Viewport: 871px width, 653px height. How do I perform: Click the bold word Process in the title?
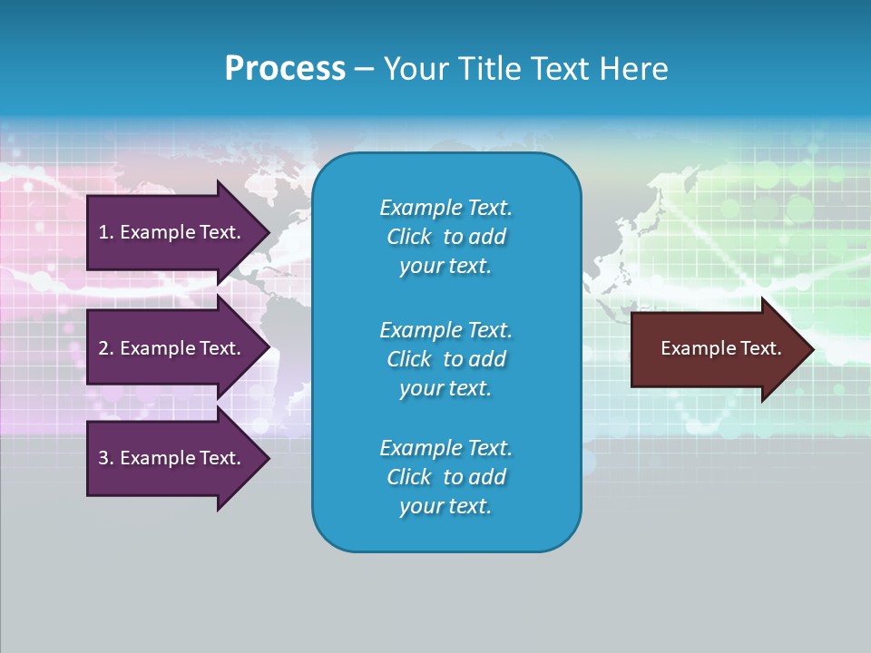[285, 69]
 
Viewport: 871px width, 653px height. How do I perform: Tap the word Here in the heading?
[631, 69]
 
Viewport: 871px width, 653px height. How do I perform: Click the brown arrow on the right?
[717, 349]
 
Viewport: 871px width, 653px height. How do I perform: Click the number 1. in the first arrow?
[105, 232]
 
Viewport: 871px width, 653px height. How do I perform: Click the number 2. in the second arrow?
[105, 348]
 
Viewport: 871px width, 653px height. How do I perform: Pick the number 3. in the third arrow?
[105, 458]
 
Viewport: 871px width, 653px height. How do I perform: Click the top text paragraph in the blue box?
[445, 237]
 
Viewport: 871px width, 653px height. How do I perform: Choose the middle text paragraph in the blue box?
[445, 359]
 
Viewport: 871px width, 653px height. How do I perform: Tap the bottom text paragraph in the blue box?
[445, 477]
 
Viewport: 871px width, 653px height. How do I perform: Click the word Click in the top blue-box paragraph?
[408, 237]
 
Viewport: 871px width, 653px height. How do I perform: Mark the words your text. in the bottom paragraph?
[445, 506]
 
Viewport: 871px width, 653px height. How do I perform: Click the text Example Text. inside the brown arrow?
[720, 348]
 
